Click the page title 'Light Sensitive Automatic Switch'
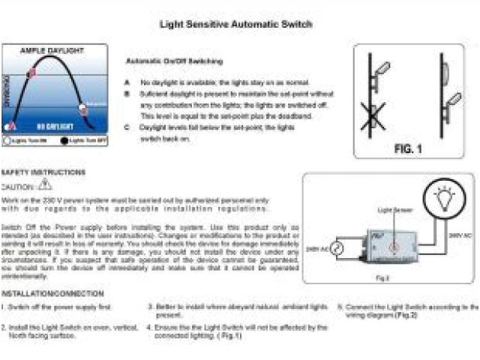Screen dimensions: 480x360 pyautogui.click(x=235, y=24)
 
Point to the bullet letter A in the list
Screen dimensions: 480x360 pyautogui.click(x=128, y=82)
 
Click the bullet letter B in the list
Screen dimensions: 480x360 pyautogui.click(x=128, y=94)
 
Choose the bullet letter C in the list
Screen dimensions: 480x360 pyautogui.click(x=128, y=128)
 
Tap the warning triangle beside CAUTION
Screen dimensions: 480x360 pyautogui.click(x=44, y=184)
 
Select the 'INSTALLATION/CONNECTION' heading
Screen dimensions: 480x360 pyautogui.click(x=52, y=293)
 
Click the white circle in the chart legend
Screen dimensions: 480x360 pyautogui.click(x=7, y=140)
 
